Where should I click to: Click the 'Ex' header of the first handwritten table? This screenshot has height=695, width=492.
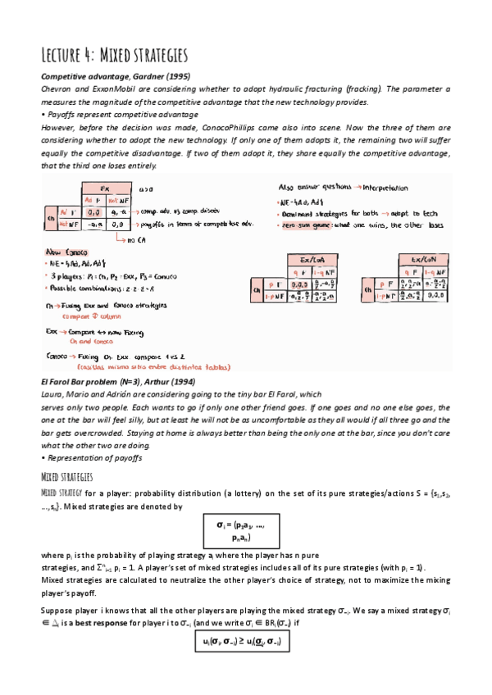coord(104,188)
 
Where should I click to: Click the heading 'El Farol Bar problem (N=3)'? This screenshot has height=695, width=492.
coord(93,382)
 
